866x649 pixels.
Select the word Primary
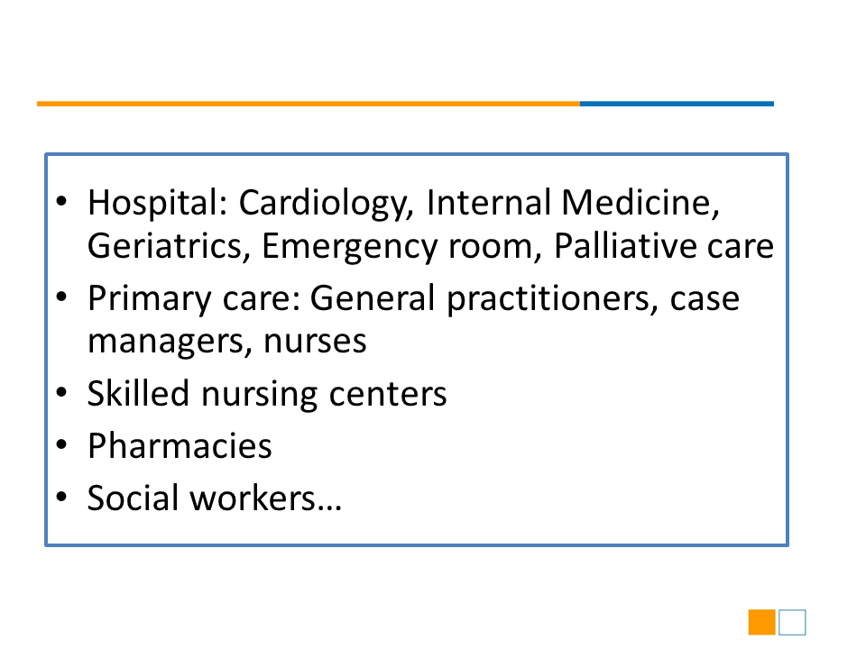coord(149,299)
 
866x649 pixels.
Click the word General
coord(373,298)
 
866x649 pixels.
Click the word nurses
coord(315,342)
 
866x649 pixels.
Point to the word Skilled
coord(138,394)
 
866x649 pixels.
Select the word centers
coord(388,395)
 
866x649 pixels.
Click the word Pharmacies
coord(180,445)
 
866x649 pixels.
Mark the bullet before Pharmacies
coord(61,444)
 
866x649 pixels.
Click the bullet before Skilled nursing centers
coord(61,392)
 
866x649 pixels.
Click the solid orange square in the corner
coord(762,623)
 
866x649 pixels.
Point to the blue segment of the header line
coord(677,104)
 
